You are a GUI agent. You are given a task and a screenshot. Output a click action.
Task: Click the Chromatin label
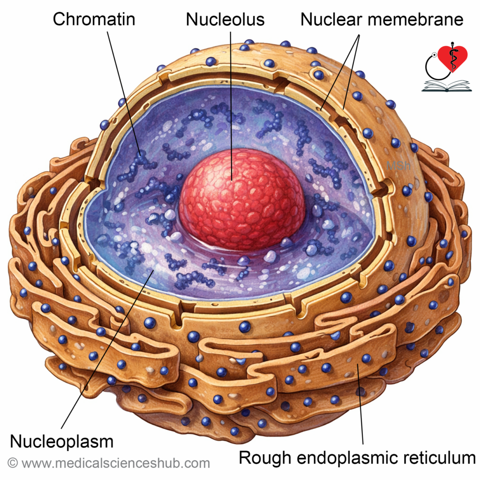pyautogui.click(x=94, y=19)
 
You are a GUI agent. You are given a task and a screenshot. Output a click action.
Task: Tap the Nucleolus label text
pyautogui.click(x=225, y=19)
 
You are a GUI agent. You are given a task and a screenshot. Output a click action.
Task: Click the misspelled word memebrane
pyautogui.click(x=415, y=19)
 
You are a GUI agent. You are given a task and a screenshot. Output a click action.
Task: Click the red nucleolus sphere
pyautogui.click(x=242, y=199)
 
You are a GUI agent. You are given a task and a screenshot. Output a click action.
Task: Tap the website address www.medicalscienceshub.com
pyautogui.click(x=116, y=464)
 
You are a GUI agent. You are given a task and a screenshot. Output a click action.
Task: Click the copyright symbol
pyautogui.click(x=13, y=463)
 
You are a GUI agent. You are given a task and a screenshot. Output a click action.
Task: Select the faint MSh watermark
pyautogui.click(x=398, y=166)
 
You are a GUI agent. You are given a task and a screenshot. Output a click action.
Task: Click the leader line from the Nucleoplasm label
pyautogui.click(x=107, y=349)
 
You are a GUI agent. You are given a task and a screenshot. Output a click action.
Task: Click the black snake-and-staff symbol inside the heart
pyautogui.click(x=452, y=57)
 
